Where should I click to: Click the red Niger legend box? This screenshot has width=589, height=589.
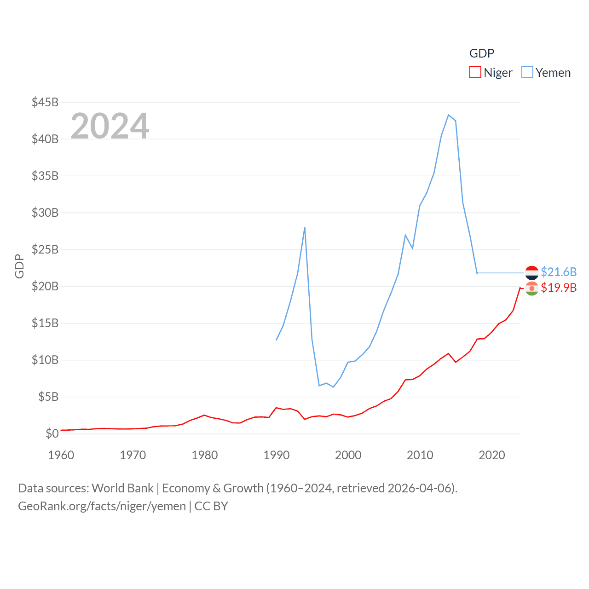point(475,73)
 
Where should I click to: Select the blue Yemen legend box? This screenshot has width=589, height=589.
point(527,73)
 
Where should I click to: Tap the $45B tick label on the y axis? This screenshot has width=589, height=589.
point(45,102)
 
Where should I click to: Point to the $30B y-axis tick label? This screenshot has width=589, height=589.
point(45,213)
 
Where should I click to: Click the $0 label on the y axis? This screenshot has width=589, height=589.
point(52,433)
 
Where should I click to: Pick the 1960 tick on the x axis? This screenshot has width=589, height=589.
point(61,455)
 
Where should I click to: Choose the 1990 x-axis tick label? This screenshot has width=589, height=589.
point(276,455)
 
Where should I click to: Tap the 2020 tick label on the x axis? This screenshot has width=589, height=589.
point(491,455)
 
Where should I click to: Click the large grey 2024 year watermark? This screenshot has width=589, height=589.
point(110,126)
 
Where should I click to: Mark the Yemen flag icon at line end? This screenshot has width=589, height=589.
point(531,272)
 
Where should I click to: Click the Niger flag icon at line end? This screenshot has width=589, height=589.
point(531,288)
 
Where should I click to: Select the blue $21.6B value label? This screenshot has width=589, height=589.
point(559,272)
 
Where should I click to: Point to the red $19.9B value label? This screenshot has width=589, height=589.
point(559,288)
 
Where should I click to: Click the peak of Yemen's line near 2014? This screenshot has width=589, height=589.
point(448,115)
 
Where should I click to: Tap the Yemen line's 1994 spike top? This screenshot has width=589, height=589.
point(305,227)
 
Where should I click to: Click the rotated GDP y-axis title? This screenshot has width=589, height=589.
point(19,266)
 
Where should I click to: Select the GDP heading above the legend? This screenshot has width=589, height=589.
point(481,53)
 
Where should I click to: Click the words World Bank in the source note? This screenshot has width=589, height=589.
point(122,488)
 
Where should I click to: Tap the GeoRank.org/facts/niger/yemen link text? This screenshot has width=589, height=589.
point(102,506)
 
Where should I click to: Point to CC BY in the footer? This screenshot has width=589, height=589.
point(211,506)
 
